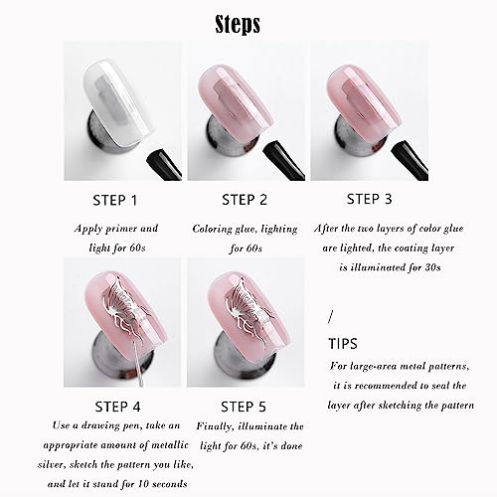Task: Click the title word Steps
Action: [238, 24]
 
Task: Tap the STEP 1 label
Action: [115, 201]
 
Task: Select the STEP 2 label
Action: [245, 200]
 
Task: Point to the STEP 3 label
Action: [370, 199]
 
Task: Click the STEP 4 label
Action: [117, 407]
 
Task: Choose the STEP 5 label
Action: [244, 407]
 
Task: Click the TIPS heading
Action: [343, 344]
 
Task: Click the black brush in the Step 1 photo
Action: [165, 165]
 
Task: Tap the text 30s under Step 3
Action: [432, 267]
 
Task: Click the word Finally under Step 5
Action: [216, 426]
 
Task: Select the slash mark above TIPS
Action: [330, 316]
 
